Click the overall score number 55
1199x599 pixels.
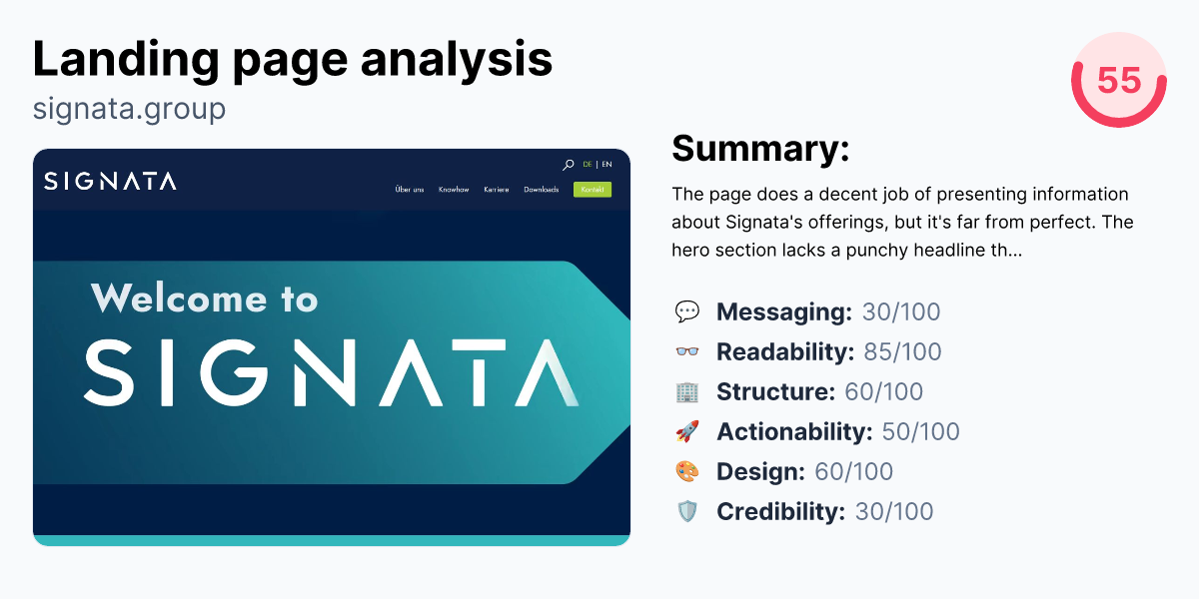(x=1118, y=80)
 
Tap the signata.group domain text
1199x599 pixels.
(x=129, y=108)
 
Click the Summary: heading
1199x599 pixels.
(x=760, y=149)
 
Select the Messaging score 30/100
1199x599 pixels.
(x=901, y=312)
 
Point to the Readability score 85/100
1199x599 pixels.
(x=902, y=352)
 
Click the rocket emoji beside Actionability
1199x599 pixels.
(x=686, y=432)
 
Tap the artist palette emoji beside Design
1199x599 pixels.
(x=686, y=472)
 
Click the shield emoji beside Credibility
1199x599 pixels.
(x=686, y=512)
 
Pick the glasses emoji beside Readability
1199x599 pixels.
(x=686, y=352)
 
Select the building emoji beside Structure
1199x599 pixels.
(x=686, y=392)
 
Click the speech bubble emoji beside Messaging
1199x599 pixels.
(x=686, y=312)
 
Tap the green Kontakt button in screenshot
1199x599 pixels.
(x=592, y=190)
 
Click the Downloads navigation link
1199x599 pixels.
(x=541, y=190)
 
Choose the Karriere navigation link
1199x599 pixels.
(x=496, y=190)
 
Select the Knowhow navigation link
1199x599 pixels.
(x=454, y=190)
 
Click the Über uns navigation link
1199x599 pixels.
(x=410, y=190)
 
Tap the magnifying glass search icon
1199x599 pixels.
(x=568, y=165)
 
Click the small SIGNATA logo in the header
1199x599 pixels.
(x=110, y=181)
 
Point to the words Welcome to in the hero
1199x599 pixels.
(x=204, y=299)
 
